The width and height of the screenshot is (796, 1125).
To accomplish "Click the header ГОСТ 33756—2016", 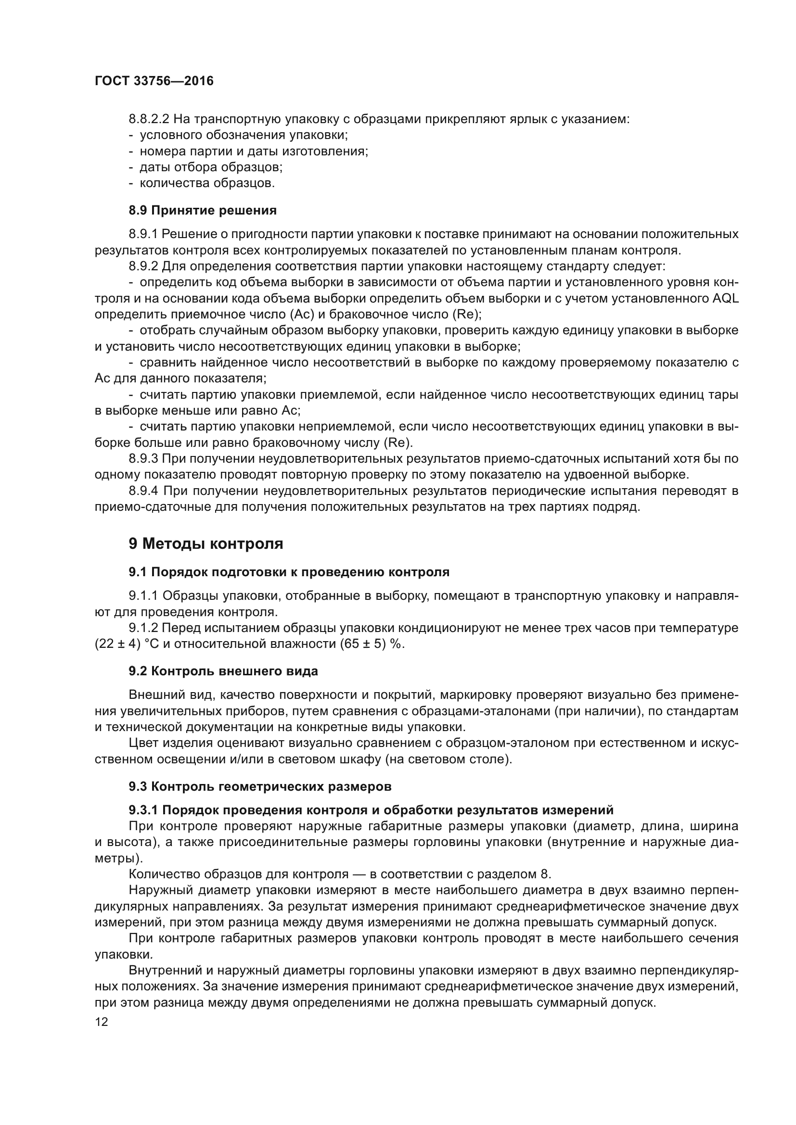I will [154, 81].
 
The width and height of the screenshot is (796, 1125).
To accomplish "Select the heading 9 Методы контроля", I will [206, 544].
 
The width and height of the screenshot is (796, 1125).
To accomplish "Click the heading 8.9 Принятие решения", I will [203, 211].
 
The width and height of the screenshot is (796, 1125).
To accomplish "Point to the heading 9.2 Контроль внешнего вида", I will [223, 671].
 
